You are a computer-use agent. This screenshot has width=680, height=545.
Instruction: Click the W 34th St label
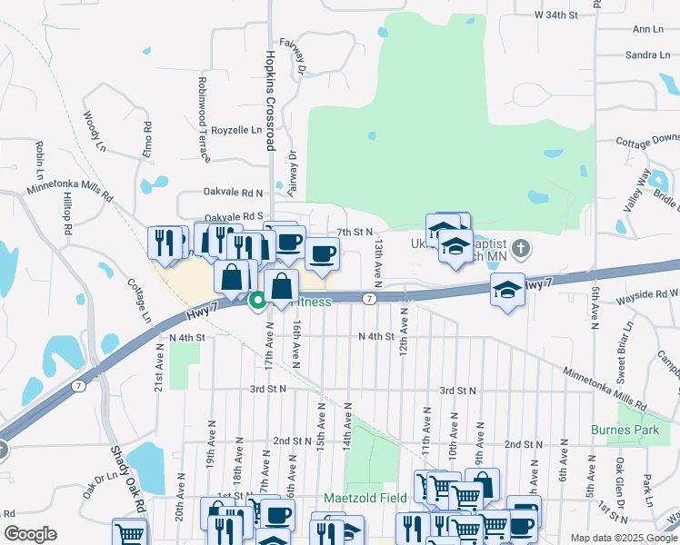coord(556,15)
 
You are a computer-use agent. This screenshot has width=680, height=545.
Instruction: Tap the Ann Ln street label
coord(647,30)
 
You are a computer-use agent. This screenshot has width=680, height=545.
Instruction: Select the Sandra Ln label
coord(647,55)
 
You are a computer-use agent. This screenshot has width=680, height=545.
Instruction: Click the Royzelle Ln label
coord(236,130)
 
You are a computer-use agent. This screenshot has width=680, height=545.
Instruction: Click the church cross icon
coord(521,247)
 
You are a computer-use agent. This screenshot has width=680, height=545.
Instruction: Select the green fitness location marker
coord(257,299)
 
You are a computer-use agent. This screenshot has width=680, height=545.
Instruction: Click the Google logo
coord(31,534)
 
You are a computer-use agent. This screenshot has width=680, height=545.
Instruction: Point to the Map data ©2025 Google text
coord(623,538)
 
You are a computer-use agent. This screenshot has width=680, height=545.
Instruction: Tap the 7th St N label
coord(355,233)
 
